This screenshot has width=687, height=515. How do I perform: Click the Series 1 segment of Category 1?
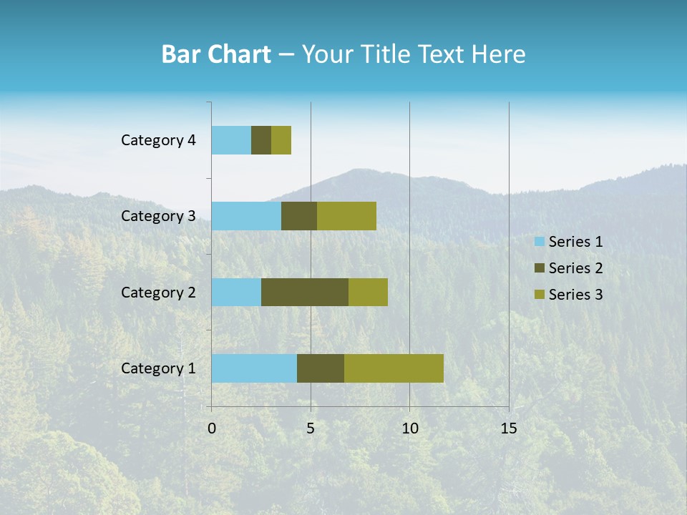tap(254, 368)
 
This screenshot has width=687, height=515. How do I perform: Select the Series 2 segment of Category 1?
tap(321, 368)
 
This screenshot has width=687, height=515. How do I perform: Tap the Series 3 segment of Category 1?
tap(394, 368)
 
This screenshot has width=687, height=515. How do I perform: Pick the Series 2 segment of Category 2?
tap(305, 292)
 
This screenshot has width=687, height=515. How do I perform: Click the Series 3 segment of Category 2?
tap(368, 292)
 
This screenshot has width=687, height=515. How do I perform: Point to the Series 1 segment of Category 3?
tap(246, 216)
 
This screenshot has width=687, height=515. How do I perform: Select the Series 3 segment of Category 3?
tap(346, 216)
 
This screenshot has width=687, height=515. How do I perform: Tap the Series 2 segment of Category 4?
tap(261, 140)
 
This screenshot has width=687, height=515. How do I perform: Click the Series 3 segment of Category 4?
tap(281, 140)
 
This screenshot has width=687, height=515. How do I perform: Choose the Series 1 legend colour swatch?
tap(539, 242)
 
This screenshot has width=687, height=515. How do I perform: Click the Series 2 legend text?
tap(575, 268)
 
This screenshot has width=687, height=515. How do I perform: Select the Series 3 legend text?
tap(575, 295)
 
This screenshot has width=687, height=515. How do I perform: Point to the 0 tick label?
tap(212, 428)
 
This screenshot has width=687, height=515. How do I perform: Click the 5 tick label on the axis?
tap(311, 428)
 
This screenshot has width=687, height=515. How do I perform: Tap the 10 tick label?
tap(409, 428)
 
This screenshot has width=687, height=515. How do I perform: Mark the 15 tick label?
tap(508, 428)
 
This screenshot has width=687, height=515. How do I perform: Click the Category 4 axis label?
tap(158, 140)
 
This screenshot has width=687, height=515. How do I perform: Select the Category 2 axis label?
tap(158, 292)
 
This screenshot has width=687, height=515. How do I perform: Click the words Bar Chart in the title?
tap(215, 54)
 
